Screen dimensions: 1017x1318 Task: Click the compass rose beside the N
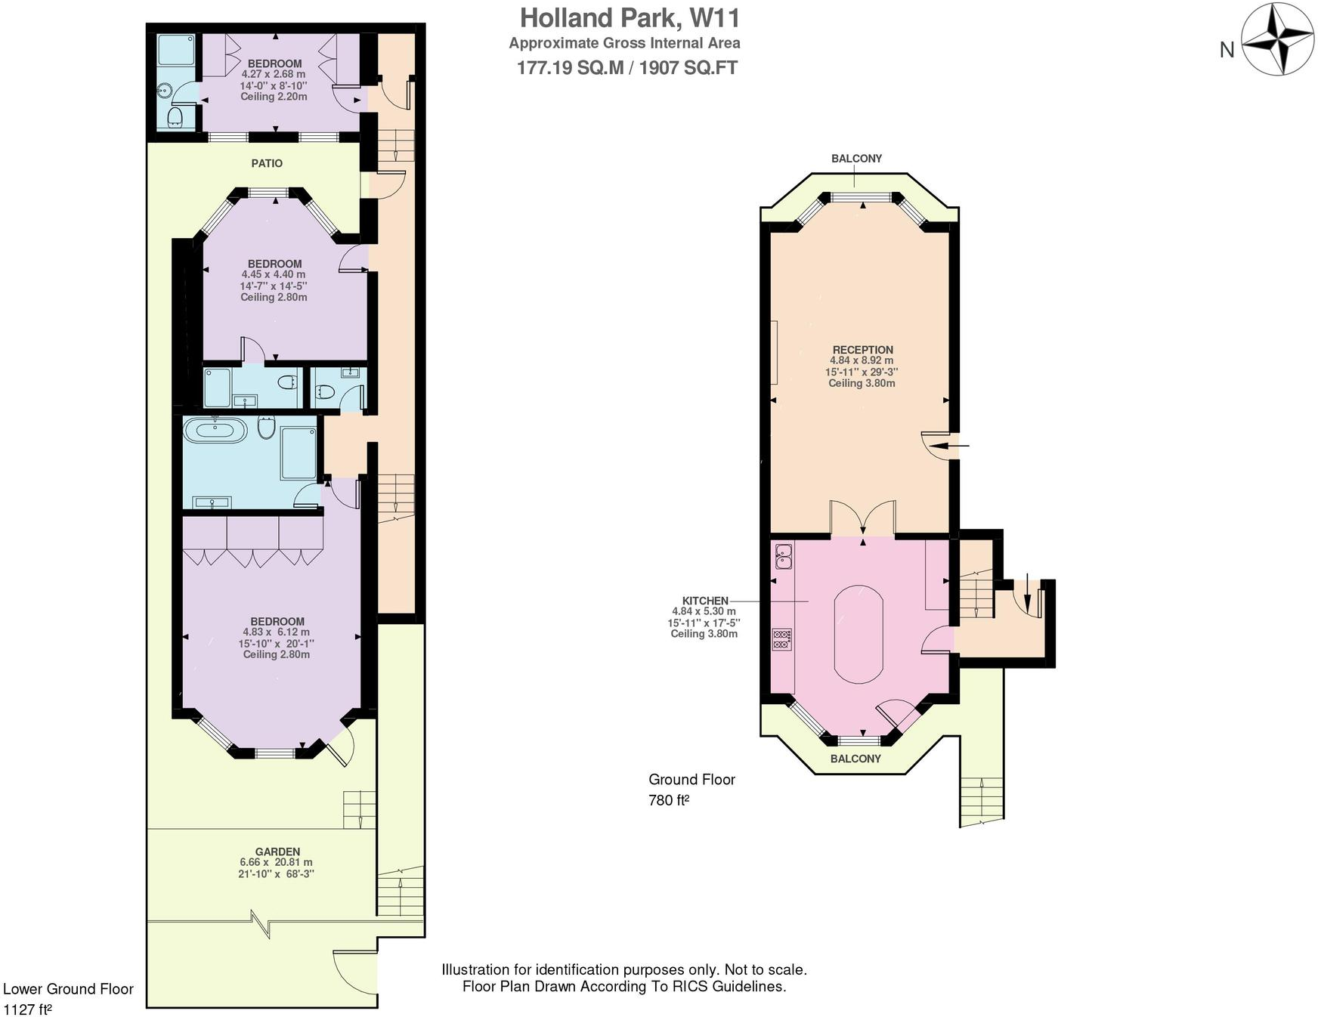point(1276,40)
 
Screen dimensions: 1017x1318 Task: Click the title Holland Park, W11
point(630,18)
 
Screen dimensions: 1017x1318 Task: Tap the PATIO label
point(267,163)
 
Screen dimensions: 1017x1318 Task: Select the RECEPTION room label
point(862,350)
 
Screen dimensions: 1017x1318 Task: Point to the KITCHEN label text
point(704,601)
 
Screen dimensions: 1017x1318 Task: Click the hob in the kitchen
point(781,639)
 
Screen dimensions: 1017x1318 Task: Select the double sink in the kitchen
point(782,556)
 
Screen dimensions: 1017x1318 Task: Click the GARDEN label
point(277,851)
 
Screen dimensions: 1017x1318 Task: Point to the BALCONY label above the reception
point(856,159)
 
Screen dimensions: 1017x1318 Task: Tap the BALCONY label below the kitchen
point(855,759)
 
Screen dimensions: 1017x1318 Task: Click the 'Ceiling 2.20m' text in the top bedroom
point(274,97)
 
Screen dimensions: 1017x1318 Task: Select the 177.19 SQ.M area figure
point(570,68)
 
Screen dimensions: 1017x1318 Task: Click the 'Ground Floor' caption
point(691,779)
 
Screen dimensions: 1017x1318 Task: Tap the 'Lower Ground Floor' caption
point(68,989)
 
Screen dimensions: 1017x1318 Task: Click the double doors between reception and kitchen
point(862,519)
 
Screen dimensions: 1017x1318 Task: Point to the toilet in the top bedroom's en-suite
point(175,116)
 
